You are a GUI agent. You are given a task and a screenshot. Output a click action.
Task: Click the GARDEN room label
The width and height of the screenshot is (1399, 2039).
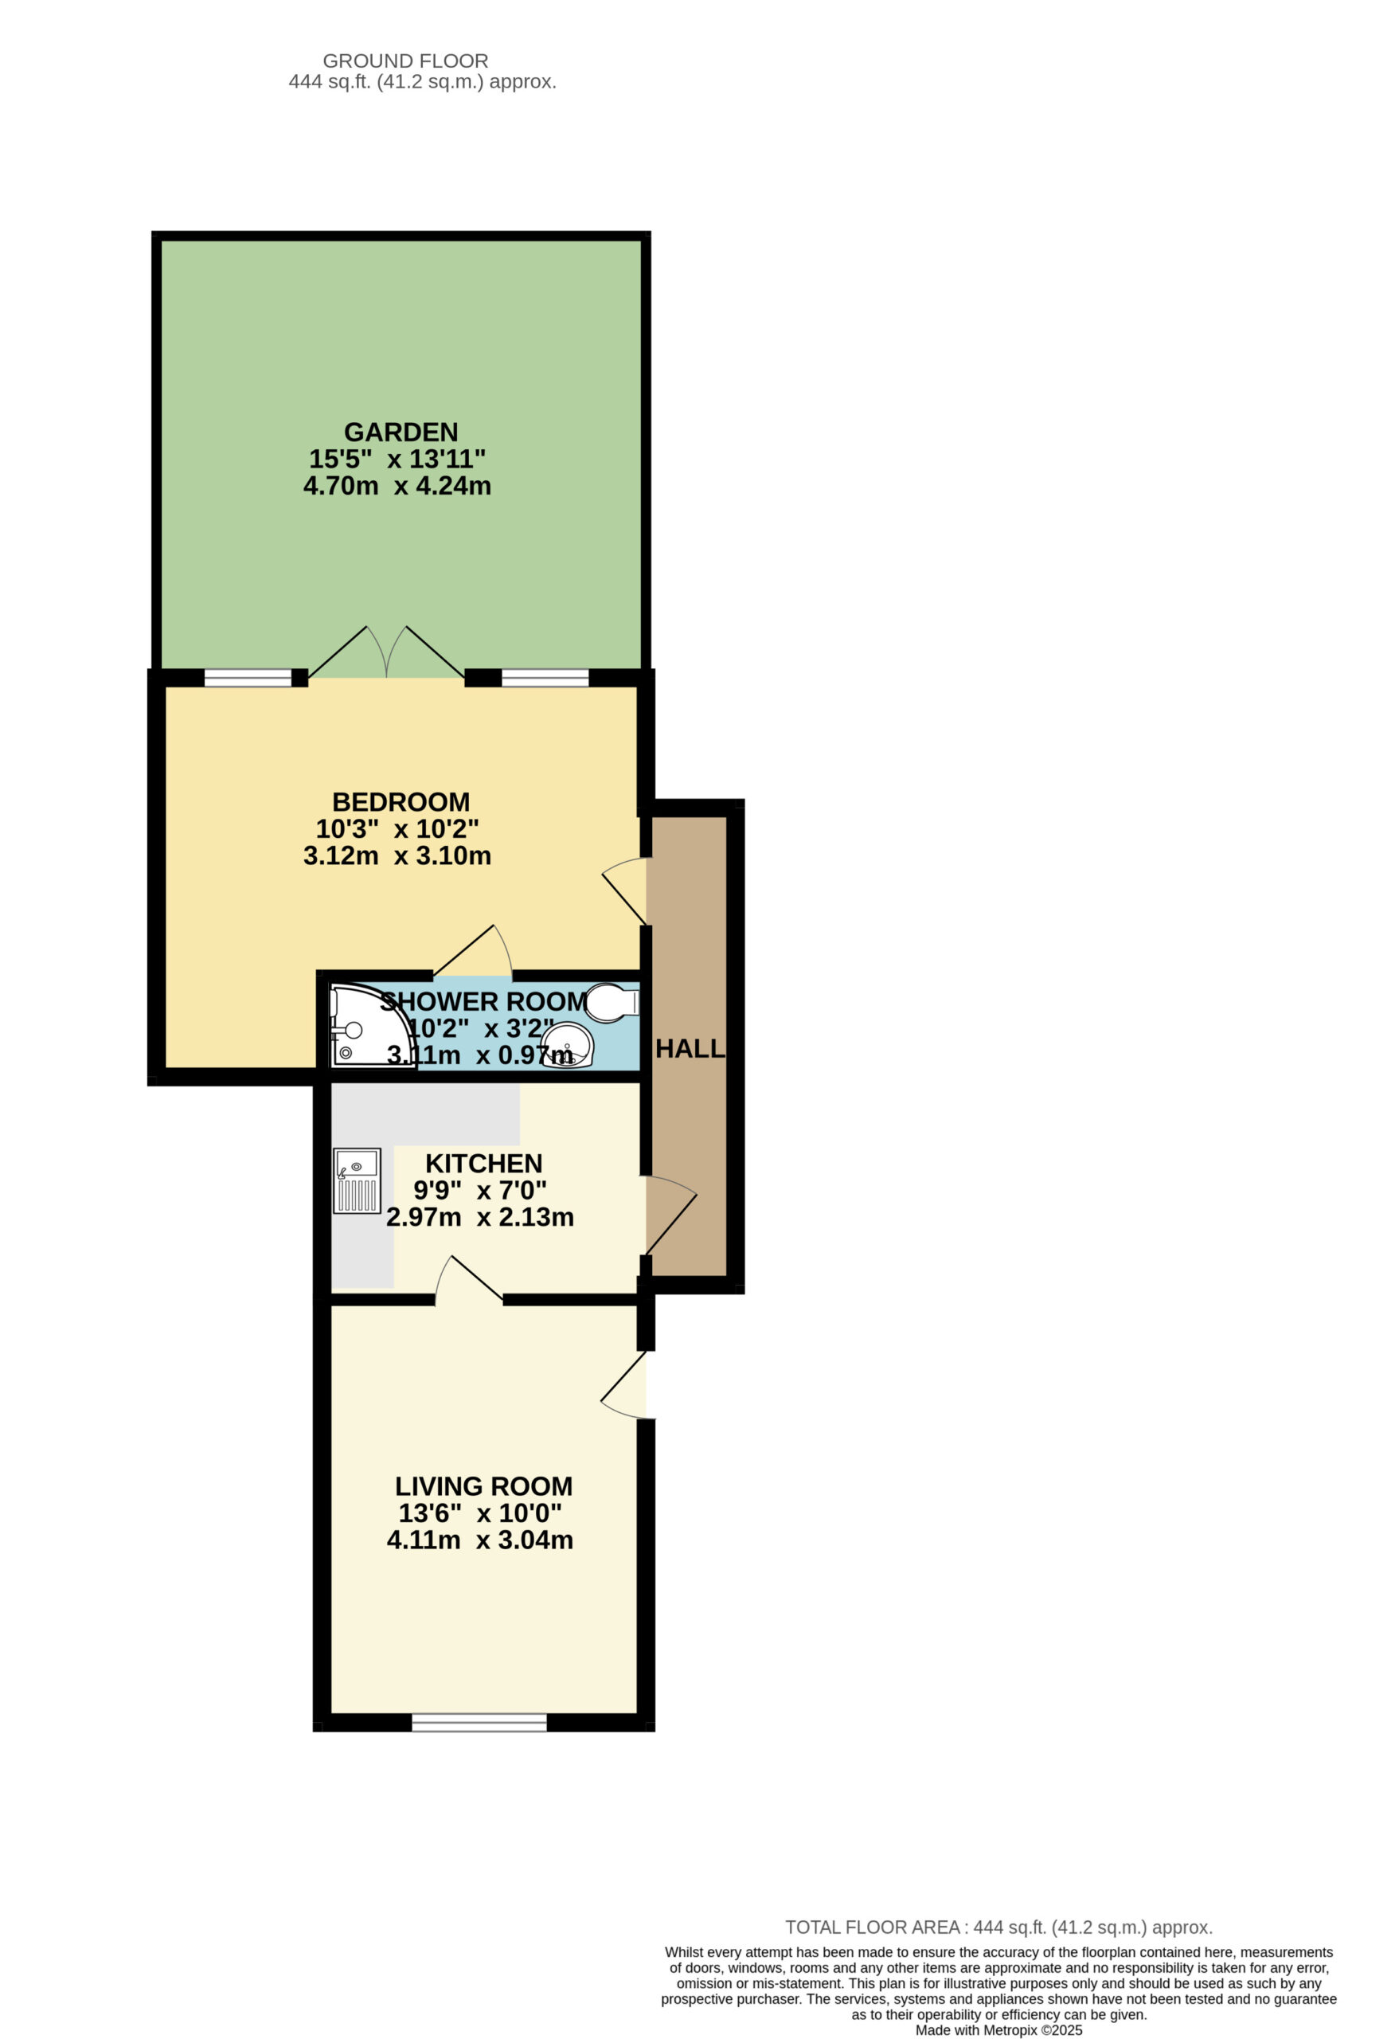pyautogui.click(x=401, y=432)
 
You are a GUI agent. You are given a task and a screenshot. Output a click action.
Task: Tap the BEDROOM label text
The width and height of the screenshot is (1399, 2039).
pyautogui.click(x=401, y=802)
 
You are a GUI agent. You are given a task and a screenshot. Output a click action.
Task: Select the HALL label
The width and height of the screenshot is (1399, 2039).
pyautogui.click(x=690, y=1048)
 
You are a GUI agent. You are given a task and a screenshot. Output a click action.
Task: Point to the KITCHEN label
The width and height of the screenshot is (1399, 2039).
pyautogui.click(x=483, y=1164)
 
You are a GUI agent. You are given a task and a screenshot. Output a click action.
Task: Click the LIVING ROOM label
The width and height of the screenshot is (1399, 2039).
pyautogui.click(x=483, y=1486)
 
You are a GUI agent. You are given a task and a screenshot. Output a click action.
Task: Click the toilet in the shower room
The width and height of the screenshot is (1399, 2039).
pyautogui.click(x=612, y=1002)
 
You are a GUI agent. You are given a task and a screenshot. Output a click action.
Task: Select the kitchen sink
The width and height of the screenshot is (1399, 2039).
pyautogui.click(x=357, y=1181)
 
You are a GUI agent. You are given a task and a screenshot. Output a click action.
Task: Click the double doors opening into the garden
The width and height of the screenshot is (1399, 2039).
pyautogui.click(x=387, y=653)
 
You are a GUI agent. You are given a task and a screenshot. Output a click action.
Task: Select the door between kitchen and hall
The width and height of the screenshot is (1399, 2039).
pyautogui.click(x=671, y=1215)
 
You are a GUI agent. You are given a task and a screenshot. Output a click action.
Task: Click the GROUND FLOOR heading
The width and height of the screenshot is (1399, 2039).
pyautogui.click(x=405, y=61)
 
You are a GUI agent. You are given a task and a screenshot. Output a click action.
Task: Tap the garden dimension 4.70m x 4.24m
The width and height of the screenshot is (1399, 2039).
pyautogui.click(x=397, y=486)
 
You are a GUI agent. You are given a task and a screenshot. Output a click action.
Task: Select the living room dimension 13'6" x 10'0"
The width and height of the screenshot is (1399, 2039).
pyautogui.click(x=480, y=1513)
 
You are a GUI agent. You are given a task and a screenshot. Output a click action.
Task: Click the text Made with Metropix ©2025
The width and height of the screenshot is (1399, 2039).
pyautogui.click(x=999, y=2030)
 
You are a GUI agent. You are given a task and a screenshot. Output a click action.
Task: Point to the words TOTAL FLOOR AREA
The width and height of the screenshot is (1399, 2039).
pyautogui.click(x=873, y=1927)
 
